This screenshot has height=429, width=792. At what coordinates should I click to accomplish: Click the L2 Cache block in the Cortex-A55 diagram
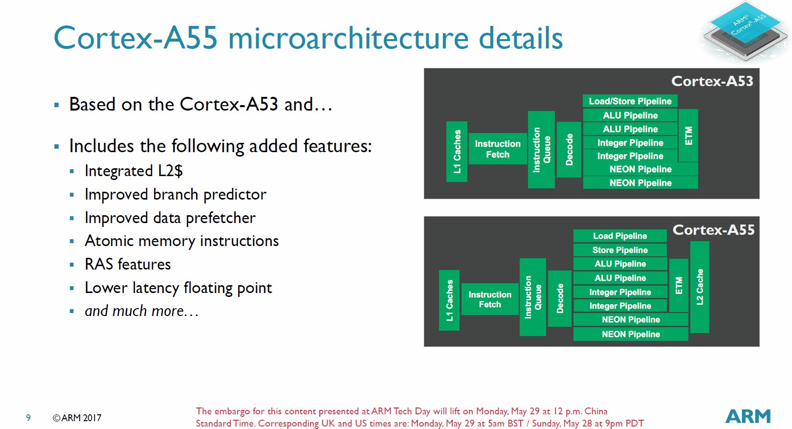pyautogui.click(x=700, y=287)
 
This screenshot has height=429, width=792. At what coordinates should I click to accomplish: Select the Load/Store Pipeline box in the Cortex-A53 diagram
pyautogui.click(x=630, y=101)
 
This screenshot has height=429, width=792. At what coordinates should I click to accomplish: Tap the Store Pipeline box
pyautogui.click(x=620, y=250)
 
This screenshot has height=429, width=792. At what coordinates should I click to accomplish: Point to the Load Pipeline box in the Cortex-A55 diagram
pyautogui.click(x=620, y=236)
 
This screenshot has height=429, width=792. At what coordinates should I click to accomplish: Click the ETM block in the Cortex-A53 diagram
pyautogui.click(x=688, y=135)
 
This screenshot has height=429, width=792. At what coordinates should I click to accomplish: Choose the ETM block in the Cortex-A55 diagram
pyautogui.click(x=679, y=285)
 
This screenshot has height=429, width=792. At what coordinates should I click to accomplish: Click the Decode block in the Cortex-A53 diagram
pyautogui.click(x=569, y=149)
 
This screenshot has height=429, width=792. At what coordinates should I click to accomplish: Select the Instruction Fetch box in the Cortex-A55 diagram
pyautogui.click(x=490, y=299)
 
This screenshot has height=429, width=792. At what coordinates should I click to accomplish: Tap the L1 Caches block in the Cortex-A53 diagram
pyautogui.click(x=457, y=151)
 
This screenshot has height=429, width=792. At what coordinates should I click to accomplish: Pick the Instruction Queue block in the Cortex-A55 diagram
pyautogui.click(x=533, y=297)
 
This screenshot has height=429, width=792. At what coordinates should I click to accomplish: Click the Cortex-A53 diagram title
pyautogui.click(x=712, y=81)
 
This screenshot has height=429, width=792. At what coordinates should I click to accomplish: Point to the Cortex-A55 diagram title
pyautogui.click(x=713, y=230)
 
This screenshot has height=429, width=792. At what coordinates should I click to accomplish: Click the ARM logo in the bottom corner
pyautogui.click(x=748, y=416)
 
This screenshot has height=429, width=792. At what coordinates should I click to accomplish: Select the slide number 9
pyautogui.click(x=28, y=418)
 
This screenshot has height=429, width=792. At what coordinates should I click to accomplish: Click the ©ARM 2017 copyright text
pyautogui.click(x=77, y=418)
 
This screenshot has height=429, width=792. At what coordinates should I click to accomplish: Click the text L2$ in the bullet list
pyautogui.click(x=170, y=171)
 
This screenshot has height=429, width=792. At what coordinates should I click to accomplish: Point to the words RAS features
pyautogui.click(x=128, y=265)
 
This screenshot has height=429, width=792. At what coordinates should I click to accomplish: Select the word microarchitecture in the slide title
pyautogui.click(x=348, y=38)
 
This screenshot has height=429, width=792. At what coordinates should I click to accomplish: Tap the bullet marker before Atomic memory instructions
pyautogui.click(x=72, y=241)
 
